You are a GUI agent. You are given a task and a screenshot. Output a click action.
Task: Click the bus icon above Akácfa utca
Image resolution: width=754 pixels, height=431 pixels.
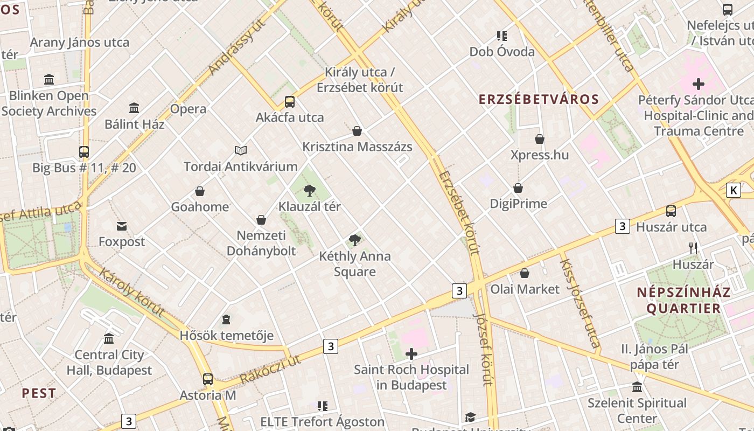(x=290, y=101)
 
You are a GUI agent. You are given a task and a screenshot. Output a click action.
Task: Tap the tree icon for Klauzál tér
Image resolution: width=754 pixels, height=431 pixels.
(x=309, y=190)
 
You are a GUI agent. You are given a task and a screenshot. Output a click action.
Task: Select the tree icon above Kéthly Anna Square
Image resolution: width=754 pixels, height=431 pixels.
(x=354, y=240)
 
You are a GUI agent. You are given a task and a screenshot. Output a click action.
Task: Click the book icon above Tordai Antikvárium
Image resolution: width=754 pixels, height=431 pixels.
(x=241, y=150)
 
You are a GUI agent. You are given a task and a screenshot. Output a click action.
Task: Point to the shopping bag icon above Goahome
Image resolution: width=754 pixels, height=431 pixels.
(x=200, y=191)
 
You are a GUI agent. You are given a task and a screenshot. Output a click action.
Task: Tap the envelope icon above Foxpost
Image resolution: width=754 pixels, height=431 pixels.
(x=122, y=226)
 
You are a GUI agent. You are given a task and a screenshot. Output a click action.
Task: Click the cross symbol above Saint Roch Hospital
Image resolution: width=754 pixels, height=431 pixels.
(x=411, y=354)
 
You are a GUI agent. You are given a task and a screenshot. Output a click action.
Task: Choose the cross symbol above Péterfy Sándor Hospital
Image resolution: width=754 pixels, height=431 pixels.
(x=699, y=84)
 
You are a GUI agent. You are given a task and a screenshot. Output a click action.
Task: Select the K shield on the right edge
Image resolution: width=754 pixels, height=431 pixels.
(x=733, y=190)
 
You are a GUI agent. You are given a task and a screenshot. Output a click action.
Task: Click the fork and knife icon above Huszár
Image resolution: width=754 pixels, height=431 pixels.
(x=693, y=248)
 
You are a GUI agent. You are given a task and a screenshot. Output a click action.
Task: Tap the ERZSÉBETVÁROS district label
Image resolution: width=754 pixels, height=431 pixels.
(x=539, y=99)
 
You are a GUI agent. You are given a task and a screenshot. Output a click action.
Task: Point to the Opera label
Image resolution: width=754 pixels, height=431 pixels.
(x=188, y=109)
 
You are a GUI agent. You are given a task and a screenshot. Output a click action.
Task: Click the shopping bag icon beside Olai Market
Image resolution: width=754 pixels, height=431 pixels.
(x=525, y=273)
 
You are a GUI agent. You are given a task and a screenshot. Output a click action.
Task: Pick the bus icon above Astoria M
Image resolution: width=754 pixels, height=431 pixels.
(x=208, y=379)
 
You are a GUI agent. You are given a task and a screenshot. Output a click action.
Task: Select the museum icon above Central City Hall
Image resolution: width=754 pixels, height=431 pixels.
(x=109, y=339)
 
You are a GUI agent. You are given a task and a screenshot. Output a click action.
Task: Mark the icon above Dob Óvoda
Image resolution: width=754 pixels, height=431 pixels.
(x=502, y=36)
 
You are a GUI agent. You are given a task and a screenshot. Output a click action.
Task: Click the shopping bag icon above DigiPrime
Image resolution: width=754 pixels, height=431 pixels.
(x=518, y=188)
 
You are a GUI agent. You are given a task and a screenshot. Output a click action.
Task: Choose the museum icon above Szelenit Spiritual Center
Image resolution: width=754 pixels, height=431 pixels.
(x=637, y=387)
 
